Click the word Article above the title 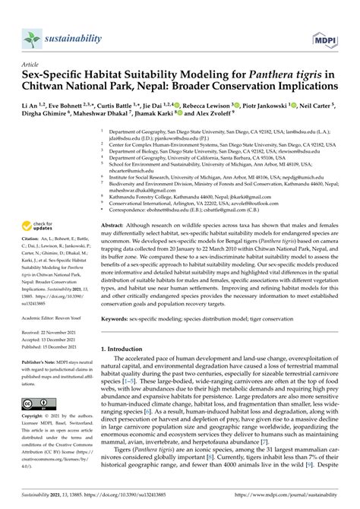tap(33, 65)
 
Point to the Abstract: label tap(115, 226)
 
